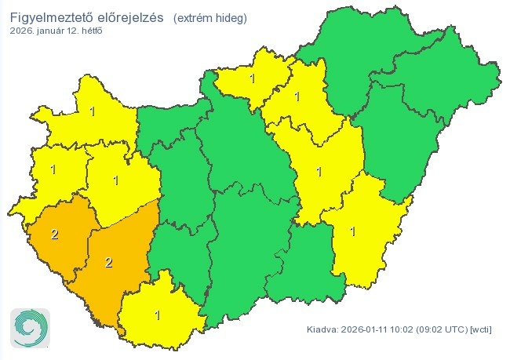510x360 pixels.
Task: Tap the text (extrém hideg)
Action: [209, 17]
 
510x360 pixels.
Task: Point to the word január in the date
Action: [54, 31]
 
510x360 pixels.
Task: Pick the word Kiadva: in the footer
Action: [323, 329]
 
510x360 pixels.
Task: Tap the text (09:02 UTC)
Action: [445, 329]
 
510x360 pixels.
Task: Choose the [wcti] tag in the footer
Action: [481, 329]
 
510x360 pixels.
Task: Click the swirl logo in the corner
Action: [30, 327]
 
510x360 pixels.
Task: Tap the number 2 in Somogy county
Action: [108, 262]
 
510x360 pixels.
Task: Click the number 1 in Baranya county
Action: [158, 315]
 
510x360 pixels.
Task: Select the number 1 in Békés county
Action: [353, 231]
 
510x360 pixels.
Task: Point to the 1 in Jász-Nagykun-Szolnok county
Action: [319, 171]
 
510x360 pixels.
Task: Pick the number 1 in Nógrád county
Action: [252, 78]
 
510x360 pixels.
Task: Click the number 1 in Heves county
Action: [296, 96]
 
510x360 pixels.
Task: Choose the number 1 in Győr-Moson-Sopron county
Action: [93, 111]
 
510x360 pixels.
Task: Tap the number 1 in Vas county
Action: [53, 169]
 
